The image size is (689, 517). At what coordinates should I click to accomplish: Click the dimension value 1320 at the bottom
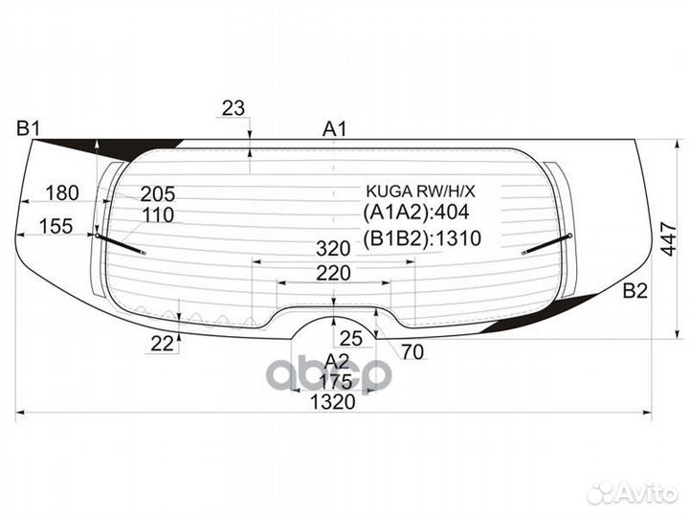click(332, 402)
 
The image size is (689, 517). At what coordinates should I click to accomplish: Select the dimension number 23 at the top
click(233, 109)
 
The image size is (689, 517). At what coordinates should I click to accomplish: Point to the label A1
click(334, 128)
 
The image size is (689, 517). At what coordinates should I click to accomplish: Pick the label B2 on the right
click(635, 292)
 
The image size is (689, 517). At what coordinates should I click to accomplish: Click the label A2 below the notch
click(337, 360)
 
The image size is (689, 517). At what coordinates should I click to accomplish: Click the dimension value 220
click(333, 274)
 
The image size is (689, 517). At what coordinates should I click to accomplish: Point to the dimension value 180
click(62, 193)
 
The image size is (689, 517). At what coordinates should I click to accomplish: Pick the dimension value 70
click(412, 352)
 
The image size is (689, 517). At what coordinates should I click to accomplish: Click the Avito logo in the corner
click(633, 492)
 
